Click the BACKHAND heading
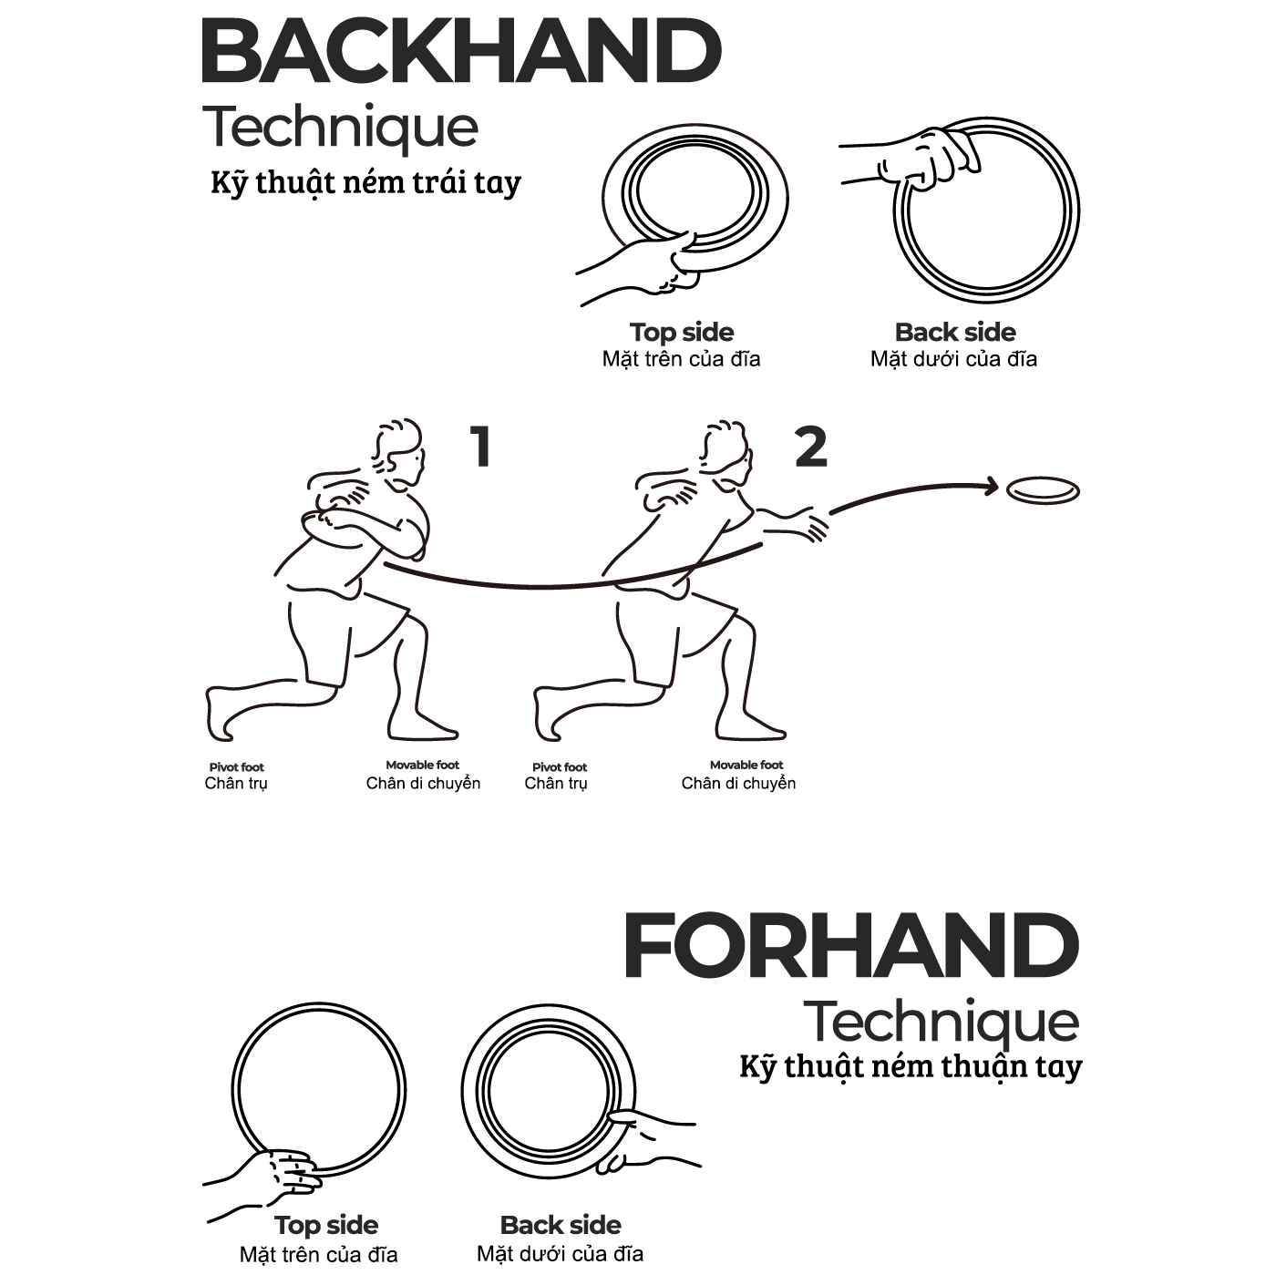(x=461, y=52)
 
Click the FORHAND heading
(x=851, y=945)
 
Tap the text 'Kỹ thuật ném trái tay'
(x=366, y=182)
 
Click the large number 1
(x=480, y=447)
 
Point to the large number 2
(x=811, y=447)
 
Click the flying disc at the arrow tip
(x=1043, y=491)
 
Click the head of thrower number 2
(x=727, y=453)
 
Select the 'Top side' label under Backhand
(x=682, y=332)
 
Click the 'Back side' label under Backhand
(x=955, y=332)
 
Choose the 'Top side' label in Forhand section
(x=326, y=1225)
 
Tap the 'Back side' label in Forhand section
(x=561, y=1225)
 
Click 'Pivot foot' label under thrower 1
(x=236, y=767)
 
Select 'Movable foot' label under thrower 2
(x=746, y=765)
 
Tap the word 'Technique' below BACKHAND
(x=340, y=128)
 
